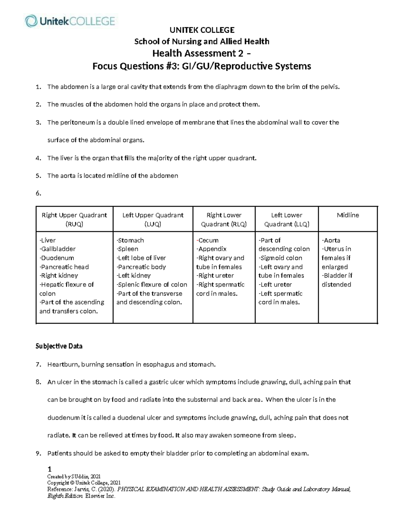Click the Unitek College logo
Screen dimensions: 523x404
[x=70, y=21]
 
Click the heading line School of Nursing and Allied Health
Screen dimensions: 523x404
[x=202, y=41]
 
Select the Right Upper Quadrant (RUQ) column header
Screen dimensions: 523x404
[x=74, y=219]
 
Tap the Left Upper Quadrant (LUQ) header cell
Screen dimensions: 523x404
[x=153, y=219]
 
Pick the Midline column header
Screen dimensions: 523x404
[x=348, y=215]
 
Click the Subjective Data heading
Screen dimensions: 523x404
[x=59, y=346]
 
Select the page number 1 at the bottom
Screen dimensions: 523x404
[x=49, y=469]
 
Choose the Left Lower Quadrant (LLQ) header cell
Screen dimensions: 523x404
[x=287, y=219]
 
